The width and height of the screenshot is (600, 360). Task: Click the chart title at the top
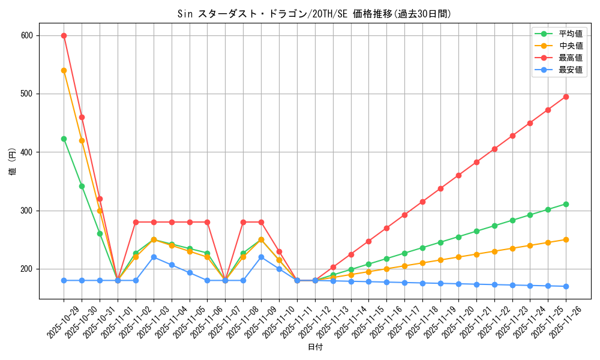[x=314, y=14]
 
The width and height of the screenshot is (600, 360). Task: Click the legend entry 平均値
[x=571, y=34]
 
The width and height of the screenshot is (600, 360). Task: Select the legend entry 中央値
[x=571, y=46]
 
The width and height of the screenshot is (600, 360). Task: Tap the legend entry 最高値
[x=571, y=58]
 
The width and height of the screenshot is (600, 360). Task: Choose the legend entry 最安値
[x=571, y=70]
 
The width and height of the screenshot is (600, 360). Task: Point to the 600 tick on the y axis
[x=28, y=35]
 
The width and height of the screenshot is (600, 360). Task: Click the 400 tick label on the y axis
[x=28, y=152]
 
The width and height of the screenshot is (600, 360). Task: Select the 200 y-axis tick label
[x=28, y=269]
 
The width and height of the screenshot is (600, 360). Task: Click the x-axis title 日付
[x=314, y=347]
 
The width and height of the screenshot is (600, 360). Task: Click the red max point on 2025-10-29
[x=64, y=35]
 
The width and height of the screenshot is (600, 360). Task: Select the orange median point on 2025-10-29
[x=64, y=70]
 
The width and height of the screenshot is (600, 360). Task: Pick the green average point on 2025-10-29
[x=64, y=139]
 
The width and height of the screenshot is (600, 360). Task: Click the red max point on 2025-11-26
[x=566, y=97]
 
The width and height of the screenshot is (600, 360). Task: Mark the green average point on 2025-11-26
[x=566, y=204]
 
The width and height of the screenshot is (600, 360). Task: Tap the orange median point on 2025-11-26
[x=566, y=239]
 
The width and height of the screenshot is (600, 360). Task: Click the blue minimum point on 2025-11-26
[x=566, y=286]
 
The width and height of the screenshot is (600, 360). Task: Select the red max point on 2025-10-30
[x=82, y=117]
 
